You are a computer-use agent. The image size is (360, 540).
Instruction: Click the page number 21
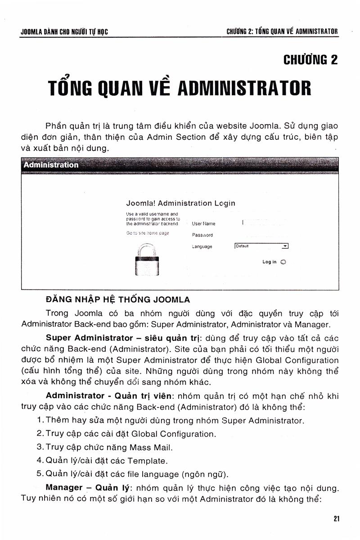337,518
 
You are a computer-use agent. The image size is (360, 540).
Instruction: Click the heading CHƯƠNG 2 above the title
310,60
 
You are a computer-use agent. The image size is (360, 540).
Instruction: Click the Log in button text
270,262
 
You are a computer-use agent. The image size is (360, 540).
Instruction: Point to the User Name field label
203,223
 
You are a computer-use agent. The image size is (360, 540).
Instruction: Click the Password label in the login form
202,235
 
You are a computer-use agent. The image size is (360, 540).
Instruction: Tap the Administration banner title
51,165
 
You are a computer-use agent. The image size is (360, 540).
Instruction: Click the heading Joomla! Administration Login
181,203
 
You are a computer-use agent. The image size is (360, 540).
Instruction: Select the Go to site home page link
148,233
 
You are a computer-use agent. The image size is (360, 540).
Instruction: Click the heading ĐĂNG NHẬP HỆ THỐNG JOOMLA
118,299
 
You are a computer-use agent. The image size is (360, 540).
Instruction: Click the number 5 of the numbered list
39,474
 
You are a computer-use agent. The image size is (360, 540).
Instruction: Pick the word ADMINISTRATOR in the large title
244,88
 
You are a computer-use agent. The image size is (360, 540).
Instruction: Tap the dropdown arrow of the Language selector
285,246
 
